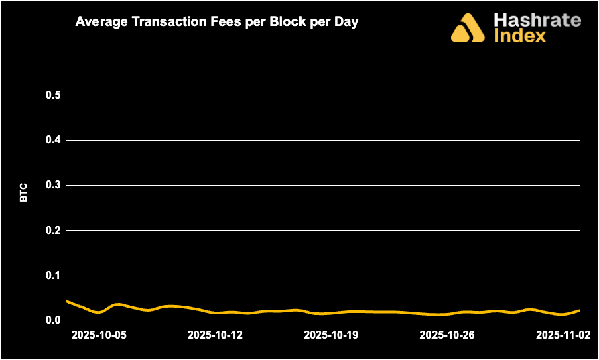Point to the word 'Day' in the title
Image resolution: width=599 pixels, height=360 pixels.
click(x=346, y=21)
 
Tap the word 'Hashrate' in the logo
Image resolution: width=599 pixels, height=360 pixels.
click(x=537, y=19)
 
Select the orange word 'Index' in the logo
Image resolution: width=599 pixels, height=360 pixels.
click(x=520, y=36)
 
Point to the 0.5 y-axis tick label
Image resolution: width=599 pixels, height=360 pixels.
click(x=53, y=95)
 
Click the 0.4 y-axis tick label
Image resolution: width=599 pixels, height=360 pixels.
click(x=53, y=140)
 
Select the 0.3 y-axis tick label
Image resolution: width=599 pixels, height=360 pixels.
click(x=53, y=185)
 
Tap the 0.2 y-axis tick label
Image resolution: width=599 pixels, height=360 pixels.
click(x=53, y=230)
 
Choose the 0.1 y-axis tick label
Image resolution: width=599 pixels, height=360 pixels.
click(x=53, y=276)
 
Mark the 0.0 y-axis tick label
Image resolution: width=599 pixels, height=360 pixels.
click(x=53, y=320)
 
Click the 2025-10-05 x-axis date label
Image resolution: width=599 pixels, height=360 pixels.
click(x=98, y=335)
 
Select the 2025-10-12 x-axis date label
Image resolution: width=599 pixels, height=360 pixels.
click(x=214, y=335)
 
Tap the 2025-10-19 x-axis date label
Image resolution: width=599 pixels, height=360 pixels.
click(x=330, y=335)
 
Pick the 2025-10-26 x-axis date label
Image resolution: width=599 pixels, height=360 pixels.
click(x=446, y=335)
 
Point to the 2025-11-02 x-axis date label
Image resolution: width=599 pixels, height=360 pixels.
click(x=563, y=335)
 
